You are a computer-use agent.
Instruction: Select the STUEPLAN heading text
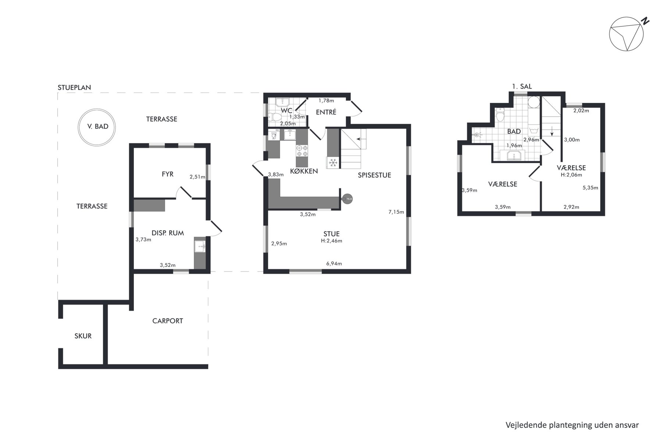[74, 87]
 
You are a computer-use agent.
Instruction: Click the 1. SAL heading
[522, 87]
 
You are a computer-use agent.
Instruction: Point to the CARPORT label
[168, 321]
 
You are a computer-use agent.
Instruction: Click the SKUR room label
[83, 336]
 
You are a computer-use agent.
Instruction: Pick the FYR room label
[168, 174]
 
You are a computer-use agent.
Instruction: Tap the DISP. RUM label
[168, 233]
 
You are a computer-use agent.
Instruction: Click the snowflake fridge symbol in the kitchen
[333, 162]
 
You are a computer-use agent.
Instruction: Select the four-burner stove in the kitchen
[302, 151]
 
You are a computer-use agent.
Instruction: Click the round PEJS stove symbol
[348, 199]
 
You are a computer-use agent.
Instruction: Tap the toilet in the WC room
[274, 117]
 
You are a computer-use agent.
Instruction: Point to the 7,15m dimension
[396, 212]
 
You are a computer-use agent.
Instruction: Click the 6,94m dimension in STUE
[334, 263]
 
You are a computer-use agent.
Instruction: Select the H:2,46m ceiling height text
[332, 241]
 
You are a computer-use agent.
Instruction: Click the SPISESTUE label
[374, 175]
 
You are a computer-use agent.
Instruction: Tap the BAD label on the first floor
[514, 132]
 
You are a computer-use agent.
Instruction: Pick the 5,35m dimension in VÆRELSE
[590, 188]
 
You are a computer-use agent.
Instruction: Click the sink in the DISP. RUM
[200, 247]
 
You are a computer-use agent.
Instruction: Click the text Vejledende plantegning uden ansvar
[572, 425]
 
